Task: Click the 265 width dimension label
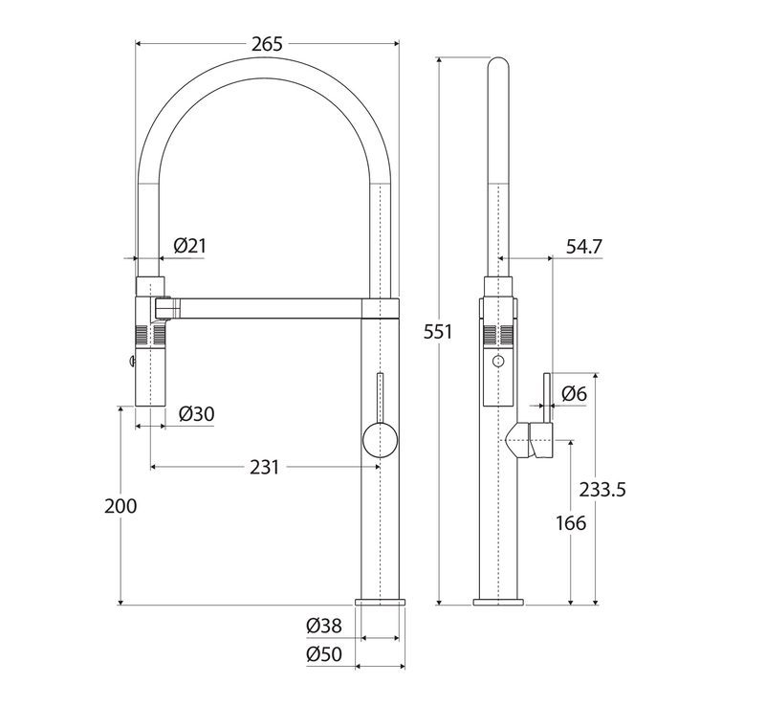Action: tap(267, 44)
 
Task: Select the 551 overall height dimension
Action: tap(438, 332)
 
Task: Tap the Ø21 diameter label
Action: tap(189, 246)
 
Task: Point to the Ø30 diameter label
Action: tap(196, 413)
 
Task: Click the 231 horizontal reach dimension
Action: tap(264, 467)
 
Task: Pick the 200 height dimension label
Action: tap(120, 506)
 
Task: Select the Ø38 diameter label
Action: tap(324, 626)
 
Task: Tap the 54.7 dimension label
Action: tap(583, 246)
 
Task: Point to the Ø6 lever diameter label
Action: tap(574, 392)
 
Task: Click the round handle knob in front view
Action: tap(380, 442)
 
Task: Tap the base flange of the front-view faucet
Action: tap(380, 601)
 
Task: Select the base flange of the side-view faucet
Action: tap(498, 601)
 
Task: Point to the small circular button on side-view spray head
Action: tap(497, 361)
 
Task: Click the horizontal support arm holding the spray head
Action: tap(268, 306)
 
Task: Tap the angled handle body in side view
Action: tap(532, 440)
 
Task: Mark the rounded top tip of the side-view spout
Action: tap(498, 63)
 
